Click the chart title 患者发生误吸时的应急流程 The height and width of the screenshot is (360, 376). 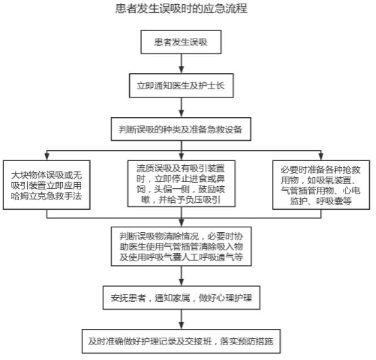[181, 9]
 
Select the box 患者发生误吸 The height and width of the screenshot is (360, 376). [181, 42]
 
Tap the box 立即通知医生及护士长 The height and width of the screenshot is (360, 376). [181, 85]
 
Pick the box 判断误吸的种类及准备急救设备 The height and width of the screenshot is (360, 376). [181, 129]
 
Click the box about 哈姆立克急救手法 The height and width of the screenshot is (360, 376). [47, 185]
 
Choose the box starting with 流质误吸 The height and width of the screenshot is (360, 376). [181, 183]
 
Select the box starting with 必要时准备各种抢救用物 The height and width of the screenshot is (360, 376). [321, 185]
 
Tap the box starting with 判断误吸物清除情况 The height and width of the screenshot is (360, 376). [181, 246]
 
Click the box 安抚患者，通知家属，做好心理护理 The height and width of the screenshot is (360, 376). [181, 298]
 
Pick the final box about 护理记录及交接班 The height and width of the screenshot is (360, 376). [181, 341]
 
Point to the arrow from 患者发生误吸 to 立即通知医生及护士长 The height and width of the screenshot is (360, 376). [181, 64]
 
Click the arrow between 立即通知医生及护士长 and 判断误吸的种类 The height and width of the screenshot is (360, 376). [181, 108]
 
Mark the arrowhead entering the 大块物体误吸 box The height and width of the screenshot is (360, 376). [47, 156]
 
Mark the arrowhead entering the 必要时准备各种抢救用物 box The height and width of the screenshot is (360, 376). [321, 156]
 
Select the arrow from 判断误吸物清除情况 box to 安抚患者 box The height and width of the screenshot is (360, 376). [181, 276]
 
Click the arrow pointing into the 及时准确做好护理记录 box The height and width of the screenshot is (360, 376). [181, 319]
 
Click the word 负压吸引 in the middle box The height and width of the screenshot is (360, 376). [203, 200]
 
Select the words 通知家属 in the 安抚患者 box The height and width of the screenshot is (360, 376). [172, 298]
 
